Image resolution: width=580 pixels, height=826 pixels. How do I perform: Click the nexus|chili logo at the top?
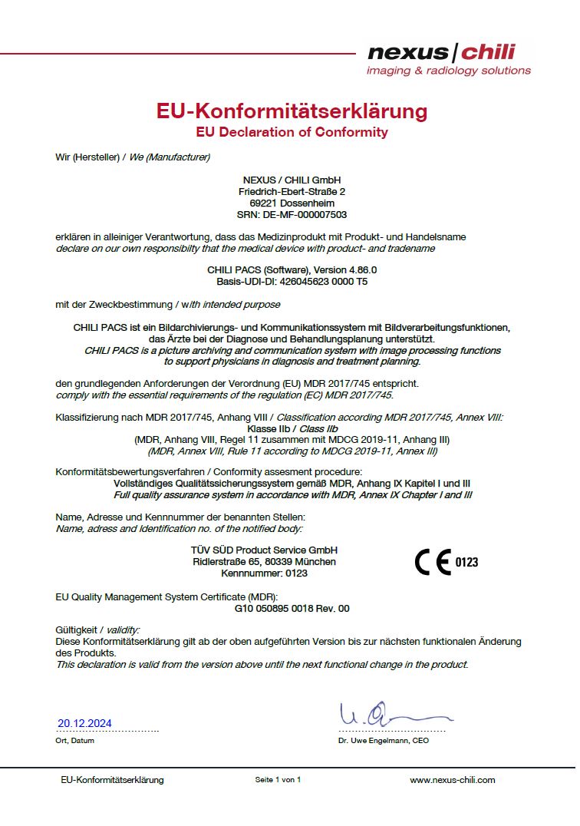click(x=441, y=53)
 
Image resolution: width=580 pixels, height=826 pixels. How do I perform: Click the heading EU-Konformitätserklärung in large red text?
click(x=292, y=111)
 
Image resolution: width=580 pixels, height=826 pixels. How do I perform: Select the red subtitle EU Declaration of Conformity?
click(x=292, y=132)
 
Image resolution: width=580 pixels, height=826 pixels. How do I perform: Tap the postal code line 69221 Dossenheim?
click(x=292, y=203)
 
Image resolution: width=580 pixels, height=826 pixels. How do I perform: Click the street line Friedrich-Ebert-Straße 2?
click(x=292, y=190)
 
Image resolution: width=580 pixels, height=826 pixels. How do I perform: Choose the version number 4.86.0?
click(x=359, y=270)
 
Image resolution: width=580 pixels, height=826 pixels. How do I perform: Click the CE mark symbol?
click(x=433, y=563)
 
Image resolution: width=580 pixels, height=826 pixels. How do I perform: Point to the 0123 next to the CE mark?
click(x=466, y=563)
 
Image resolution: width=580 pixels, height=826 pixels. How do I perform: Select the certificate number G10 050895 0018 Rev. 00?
click(x=292, y=608)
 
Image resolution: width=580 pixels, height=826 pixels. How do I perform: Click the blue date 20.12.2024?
click(x=84, y=723)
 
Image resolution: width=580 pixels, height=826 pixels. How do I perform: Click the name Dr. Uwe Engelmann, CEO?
click(x=383, y=741)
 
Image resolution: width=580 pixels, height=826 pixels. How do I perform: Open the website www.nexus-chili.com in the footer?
click(x=453, y=780)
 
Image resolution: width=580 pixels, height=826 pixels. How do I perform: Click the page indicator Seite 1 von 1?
click(x=278, y=780)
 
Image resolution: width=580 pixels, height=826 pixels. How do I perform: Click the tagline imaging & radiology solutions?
click(x=449, y=71)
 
